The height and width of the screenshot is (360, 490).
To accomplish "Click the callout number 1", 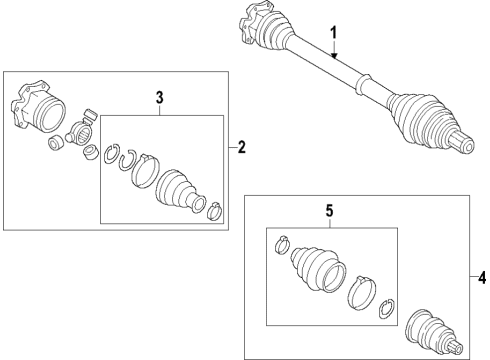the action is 334,33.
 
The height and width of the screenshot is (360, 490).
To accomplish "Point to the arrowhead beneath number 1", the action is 334,56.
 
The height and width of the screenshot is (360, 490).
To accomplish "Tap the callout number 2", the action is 242,147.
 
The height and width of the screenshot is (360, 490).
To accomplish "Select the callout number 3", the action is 160,98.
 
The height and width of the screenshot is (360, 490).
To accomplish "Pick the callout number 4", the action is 482,277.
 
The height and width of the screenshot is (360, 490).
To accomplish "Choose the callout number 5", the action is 329,211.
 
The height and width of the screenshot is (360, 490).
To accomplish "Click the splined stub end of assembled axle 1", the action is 463,142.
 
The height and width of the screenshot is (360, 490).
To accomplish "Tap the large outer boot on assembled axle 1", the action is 423,119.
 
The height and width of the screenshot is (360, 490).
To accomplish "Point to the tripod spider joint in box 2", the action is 81,128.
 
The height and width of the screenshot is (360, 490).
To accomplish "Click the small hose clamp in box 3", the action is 215,211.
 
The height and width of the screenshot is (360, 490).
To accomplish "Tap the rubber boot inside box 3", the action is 180,192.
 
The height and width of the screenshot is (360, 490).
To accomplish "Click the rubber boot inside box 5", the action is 318,269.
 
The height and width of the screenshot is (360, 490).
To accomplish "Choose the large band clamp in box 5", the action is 362,292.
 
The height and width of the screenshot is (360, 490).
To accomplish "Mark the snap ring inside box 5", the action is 387,308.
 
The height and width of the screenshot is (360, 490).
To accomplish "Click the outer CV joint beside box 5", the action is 434,333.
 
